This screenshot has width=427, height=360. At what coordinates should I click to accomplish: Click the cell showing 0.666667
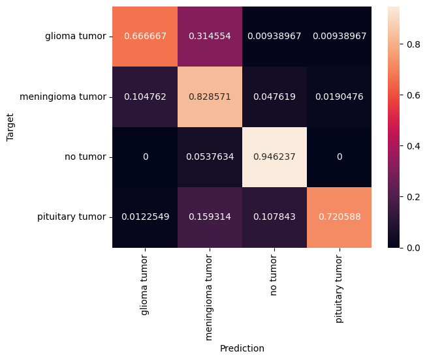pyautogui.click(x=145, y=36)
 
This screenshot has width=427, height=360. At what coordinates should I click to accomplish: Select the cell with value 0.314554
pyautogui.click(x=210, y=36)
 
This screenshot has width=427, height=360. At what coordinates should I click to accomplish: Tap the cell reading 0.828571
pyautogui.click(x=210, y=97)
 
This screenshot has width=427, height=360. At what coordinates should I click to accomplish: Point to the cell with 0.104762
pyautogui.click(x=145, y=97)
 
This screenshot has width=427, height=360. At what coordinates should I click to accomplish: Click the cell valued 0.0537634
pyautogui.click(x=210, y=157)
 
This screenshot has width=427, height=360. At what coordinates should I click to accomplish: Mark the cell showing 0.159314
pyautogui.click(x=210, y=217)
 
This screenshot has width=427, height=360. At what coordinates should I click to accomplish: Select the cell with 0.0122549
pyautogui.click(x=145, y=217)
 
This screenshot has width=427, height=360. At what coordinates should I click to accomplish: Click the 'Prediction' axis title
pyautogui.click(x=242, y=349)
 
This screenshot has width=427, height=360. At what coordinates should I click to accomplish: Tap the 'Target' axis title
pyautogui.click(x=10, y=127)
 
